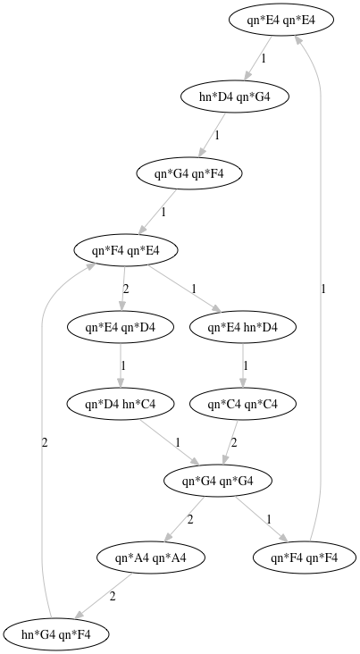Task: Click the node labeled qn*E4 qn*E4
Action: (281, 20)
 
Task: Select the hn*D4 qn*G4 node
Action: (234, 96)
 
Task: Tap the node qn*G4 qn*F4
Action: (189, 173)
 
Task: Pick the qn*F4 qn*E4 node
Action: (126, 250)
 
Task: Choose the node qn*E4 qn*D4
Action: (120, 327)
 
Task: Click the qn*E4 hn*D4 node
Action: (243, 327)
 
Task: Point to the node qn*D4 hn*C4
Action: (120, 404)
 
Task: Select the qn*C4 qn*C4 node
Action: (243, 404)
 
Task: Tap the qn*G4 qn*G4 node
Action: (217, 481)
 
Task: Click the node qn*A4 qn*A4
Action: (151, 558)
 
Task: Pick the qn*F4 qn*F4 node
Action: (304, 558)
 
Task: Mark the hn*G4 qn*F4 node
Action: (56, 634)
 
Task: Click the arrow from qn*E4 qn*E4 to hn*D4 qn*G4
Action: (258, 57)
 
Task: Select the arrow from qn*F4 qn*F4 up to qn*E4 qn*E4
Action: (321, 288)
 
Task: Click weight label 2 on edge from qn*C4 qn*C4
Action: (234, 442)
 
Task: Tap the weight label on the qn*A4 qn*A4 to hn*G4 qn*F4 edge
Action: (113, 597)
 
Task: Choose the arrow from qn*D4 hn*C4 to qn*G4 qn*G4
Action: (170, 441)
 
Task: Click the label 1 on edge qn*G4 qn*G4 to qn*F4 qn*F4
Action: (269, 519)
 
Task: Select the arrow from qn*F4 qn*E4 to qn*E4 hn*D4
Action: (184, 289)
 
